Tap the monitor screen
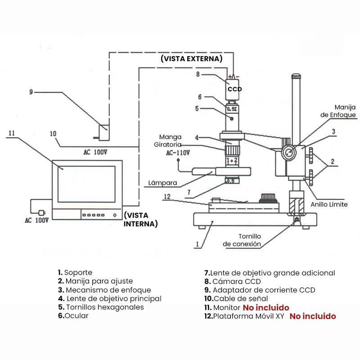[x=86, y=184]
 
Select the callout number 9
[x=31, y=92]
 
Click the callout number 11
[x=12, y=133]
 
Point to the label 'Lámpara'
[x=162, y=183]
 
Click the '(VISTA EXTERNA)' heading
[x=192, y=58]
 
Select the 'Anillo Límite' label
[x=329, y=204]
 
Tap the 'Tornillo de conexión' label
[x=242, y=240]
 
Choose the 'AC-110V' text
[x=178, y=153]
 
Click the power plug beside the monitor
[x=42, y=212]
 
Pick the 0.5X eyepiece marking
[x=232, y=109]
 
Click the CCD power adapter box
[x=104, y=132]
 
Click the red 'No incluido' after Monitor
[x=266, y=307]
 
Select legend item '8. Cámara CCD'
[x=233, y=281]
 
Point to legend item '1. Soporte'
[x=75, y=273]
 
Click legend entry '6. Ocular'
[x=73, y=316]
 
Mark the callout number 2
[x=333, y=162]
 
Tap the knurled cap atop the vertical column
[x=296, y=76]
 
